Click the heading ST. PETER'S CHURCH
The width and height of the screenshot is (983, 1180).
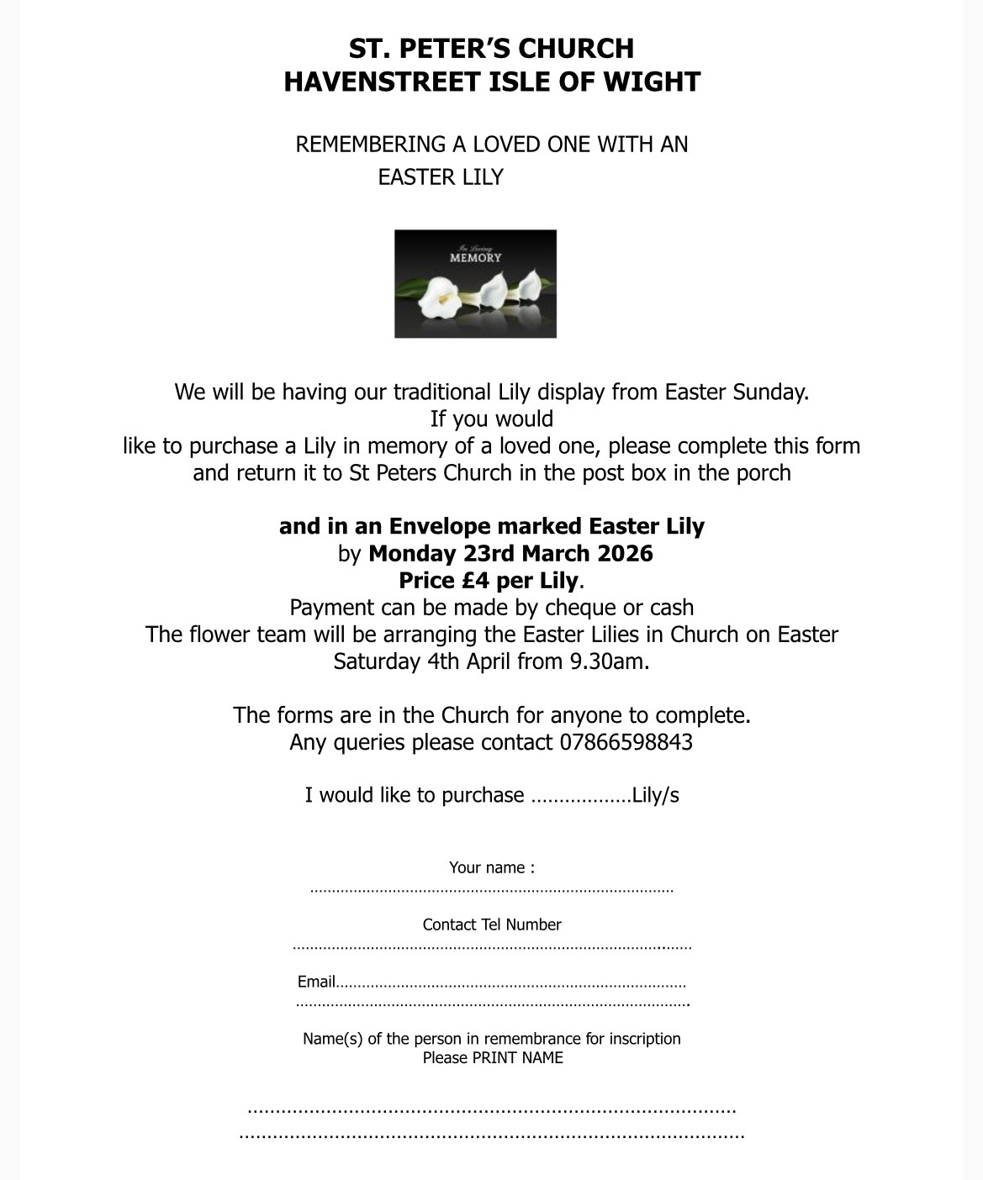(x=491, y=48)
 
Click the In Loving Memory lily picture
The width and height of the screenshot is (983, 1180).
(x=475, y=284)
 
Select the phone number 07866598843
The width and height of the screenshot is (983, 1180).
(x=626, y=742)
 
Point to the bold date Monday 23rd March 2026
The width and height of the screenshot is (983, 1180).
(x=510, y=553)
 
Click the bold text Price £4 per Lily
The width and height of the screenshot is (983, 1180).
(x=489, y=580)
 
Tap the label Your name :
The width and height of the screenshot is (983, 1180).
(x=491, y=867)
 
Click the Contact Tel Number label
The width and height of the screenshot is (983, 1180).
(x=491, y=925)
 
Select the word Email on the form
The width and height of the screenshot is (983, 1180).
(x=316, y=982)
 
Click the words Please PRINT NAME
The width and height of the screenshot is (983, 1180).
(x=493, y=1057)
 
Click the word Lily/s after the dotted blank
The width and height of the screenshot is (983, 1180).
(x=655, y=795)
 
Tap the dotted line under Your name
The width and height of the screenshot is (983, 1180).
(x=491, y=889)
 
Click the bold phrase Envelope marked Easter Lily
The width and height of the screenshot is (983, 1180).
(x=547, y=526)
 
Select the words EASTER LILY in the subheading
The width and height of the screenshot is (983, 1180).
(x=440, y=177)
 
